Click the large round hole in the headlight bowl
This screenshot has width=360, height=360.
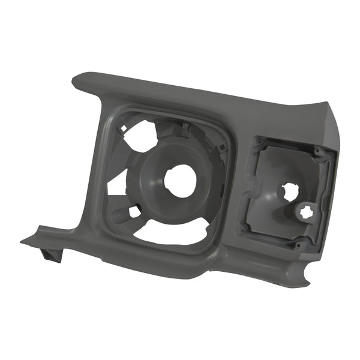pyautogui.click(x=180, y=179)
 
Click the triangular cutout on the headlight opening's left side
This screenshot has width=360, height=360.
pyautogui.click(x=117, y=184)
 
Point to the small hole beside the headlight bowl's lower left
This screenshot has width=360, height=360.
pyautogui.click(x=135, y=211)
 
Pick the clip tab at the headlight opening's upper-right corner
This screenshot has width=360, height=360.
pyautogui.click(x=222, y=144)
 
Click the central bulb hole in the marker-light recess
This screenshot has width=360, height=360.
pyautogui.click(x=290, y=191)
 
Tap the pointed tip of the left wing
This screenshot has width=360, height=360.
pyautogui.click(x=22, y=241)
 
